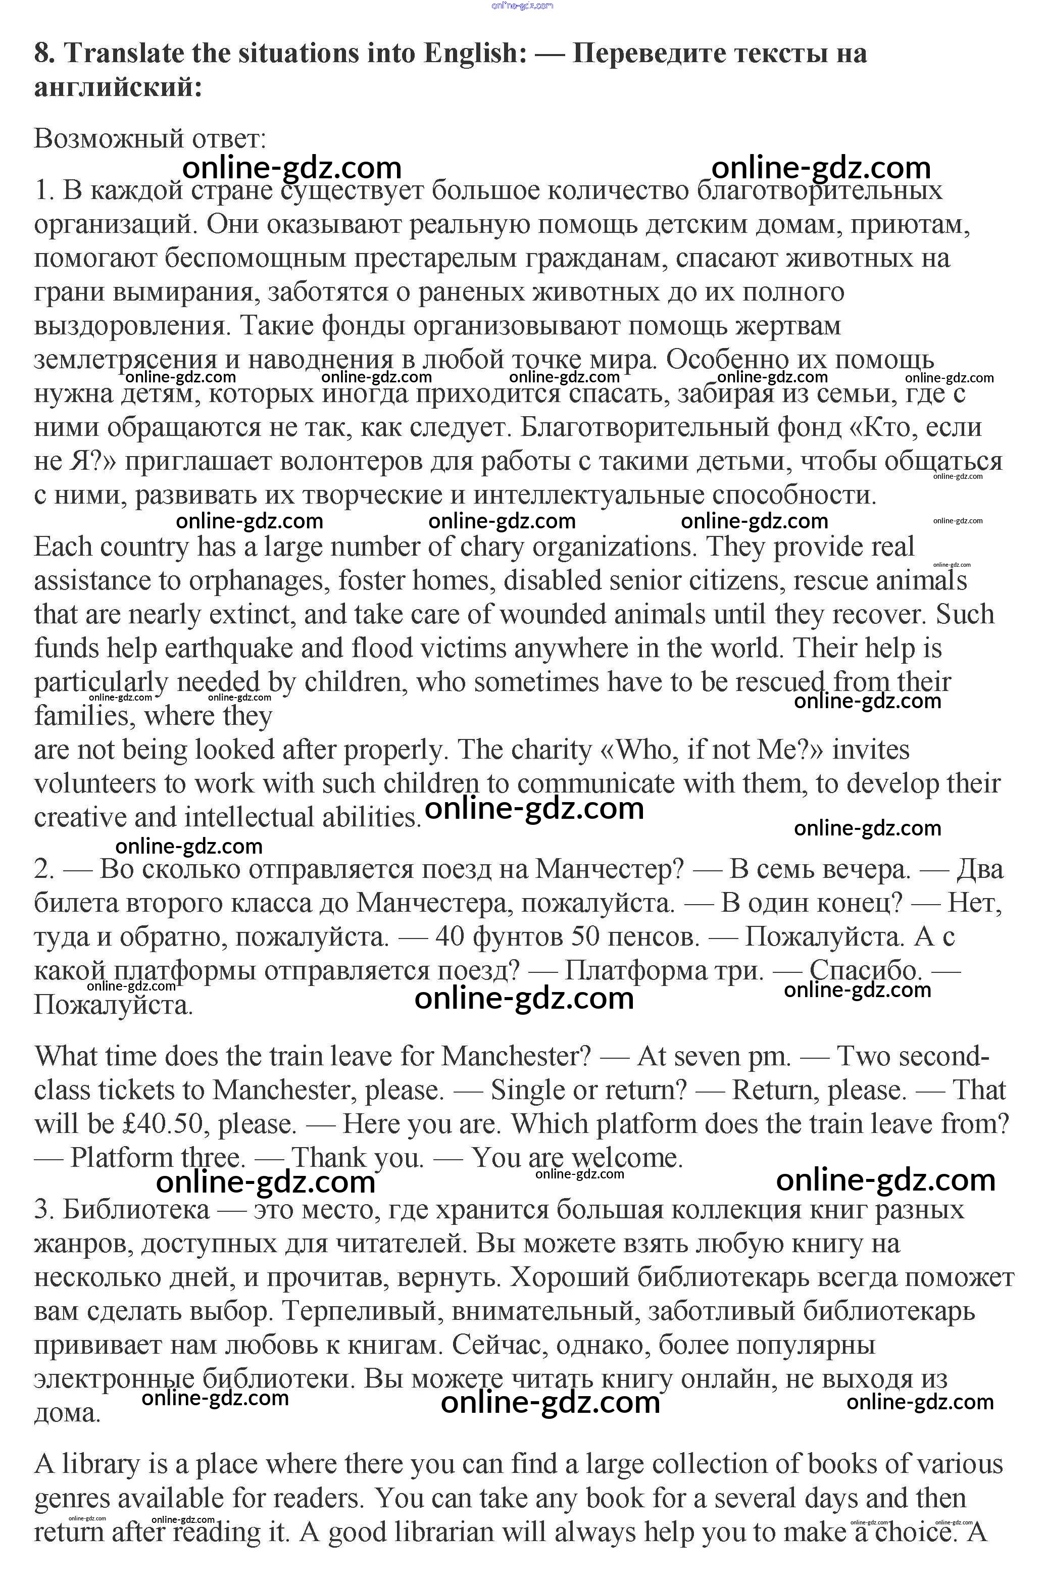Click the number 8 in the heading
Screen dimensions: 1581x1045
coord(44,54)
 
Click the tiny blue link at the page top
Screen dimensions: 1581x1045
coord(522,6)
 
